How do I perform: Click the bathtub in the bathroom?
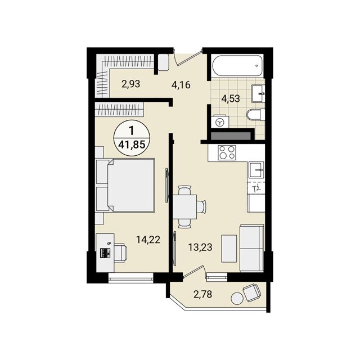click(x=237, y=65)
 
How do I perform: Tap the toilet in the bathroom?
click(x=256, y=114)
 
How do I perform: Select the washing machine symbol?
click(x=221, y=121)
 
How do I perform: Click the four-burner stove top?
click(x=227, y=152)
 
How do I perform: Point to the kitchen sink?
click(x=256, y=170)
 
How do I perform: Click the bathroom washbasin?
click(x=258, y=94)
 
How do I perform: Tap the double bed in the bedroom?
click(x=125, y=185)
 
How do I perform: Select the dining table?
click(x=184, y=206)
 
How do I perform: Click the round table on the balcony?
click(x=237, y=299)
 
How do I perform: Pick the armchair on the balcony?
click(x=251, y=292)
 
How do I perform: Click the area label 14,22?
click(x=148, y=240)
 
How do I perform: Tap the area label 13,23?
click(x=200, y=247)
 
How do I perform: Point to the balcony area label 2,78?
click(x=202, y=294)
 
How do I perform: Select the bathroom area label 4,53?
click(x=231, y=99)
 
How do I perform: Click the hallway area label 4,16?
click(x=181, y=85)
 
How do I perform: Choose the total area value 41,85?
click(x=132, y=145)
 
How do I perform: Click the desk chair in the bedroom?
click(x=120, y=253)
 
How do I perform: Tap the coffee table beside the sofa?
click(x=229, y=249)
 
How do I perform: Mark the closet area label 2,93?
click(x=130, y=84)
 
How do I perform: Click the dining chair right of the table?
click(x=201, y=206)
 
